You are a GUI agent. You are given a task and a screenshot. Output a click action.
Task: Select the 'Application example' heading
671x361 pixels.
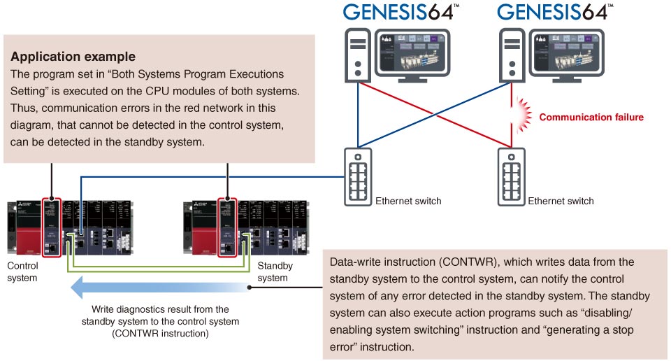[73, 57]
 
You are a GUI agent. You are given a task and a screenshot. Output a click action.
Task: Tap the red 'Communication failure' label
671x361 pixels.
[591, 117]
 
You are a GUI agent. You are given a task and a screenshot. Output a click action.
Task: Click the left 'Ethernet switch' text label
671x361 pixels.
[409, 201]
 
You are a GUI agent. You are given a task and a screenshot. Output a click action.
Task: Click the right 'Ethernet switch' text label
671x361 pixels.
[561, 201]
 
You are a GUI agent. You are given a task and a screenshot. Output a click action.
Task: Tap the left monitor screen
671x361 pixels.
[410, 51]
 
